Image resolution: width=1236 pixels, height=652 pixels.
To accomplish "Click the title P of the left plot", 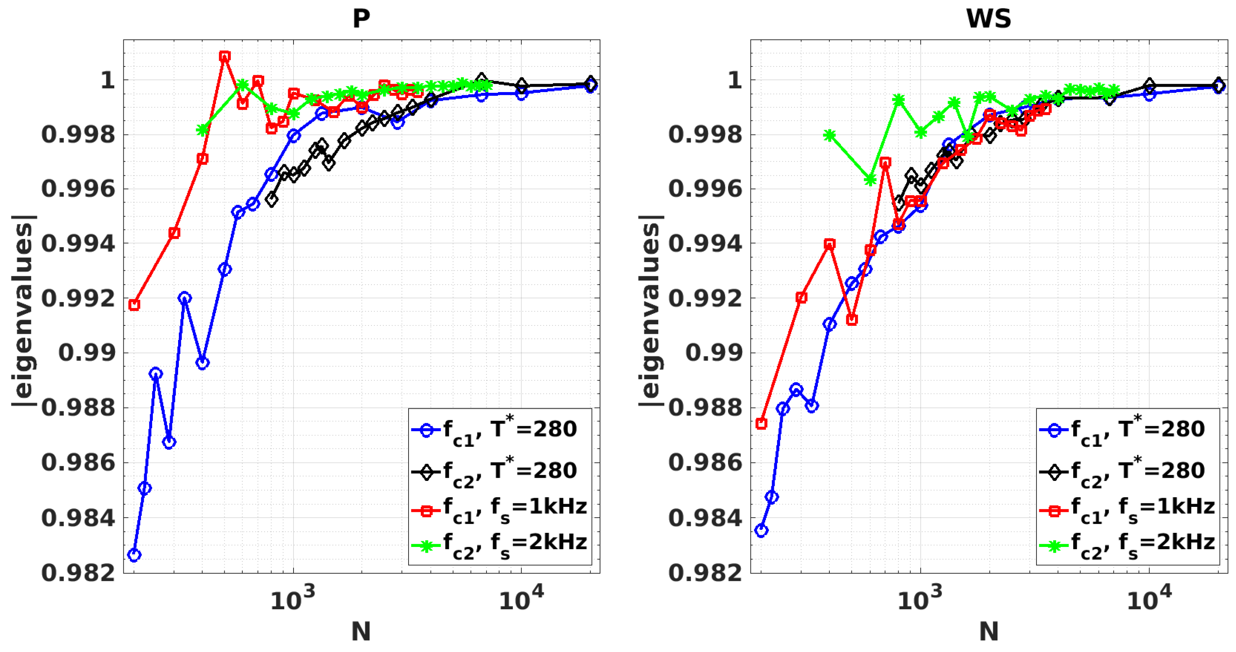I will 361,19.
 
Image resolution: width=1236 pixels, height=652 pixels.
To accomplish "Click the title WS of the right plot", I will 988,19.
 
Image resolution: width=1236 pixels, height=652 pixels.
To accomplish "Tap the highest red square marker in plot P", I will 225,57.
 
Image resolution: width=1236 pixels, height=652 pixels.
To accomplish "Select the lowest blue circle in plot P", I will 135,555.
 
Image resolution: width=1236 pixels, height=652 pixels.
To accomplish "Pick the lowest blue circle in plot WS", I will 761,530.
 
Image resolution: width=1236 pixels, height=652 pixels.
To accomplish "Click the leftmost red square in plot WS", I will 761,423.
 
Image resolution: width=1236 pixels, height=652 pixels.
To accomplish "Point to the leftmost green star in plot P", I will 203,129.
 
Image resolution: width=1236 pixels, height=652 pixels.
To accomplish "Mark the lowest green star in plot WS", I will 870,180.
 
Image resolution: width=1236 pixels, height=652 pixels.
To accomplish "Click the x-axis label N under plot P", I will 361,631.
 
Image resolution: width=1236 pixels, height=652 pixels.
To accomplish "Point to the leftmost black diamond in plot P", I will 272,199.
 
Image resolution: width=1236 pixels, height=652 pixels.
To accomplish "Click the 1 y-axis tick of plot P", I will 107,80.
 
